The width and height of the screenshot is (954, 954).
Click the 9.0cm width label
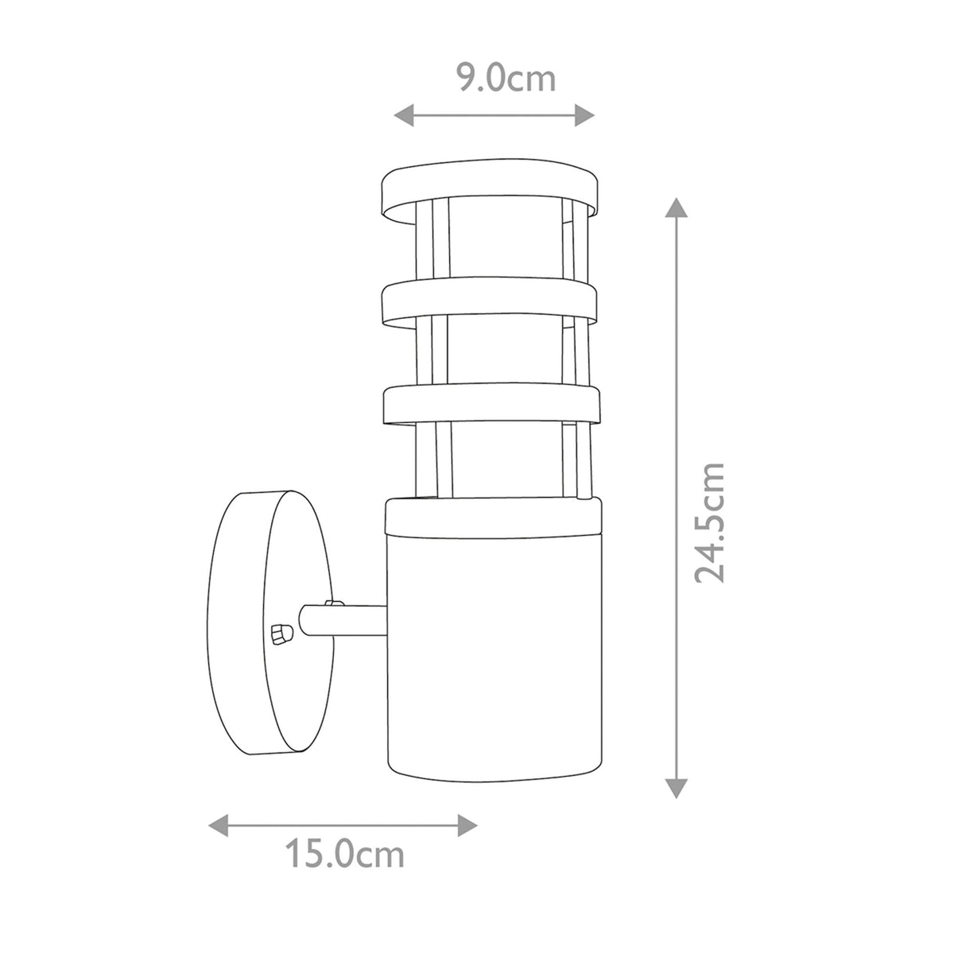(x=505, y=79)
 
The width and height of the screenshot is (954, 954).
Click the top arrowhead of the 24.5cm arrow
(x=676, y=208)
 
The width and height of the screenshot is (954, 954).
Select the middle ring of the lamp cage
(x=489, y=304)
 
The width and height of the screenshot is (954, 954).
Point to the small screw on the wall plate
(x=280, y=634)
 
